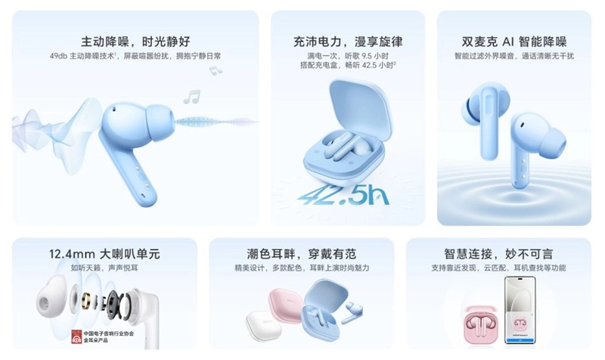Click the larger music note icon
coord(191,97)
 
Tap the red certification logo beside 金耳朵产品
coord(77,337)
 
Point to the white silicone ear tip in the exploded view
coord(53,298)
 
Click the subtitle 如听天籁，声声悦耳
coord(105,268)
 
